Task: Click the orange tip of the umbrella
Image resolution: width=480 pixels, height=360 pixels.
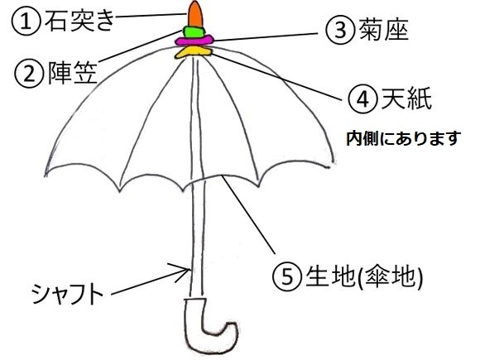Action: point(195,14)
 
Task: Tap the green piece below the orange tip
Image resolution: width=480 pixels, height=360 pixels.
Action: point(194,31)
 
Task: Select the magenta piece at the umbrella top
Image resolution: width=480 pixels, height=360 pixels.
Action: point(194,41)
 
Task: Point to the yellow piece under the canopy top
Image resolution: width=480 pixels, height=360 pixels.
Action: point(194,52)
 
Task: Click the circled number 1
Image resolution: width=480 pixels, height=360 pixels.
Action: point(26,22)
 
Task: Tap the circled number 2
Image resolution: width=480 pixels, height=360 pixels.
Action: point(29,74)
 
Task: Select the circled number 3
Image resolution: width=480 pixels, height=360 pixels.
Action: point(340,30)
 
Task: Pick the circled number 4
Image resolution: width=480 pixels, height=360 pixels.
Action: point(362,98)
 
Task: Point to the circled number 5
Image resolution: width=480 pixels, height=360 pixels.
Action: point(287,276)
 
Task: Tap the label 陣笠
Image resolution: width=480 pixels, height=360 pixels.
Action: point(73,73)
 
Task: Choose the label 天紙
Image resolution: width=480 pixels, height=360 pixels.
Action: point(406,98)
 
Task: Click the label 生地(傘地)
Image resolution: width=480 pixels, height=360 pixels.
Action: point(364,276)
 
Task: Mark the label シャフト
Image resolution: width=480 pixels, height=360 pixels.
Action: point(68,293)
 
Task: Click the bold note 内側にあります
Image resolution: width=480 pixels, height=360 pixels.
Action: point(404,138)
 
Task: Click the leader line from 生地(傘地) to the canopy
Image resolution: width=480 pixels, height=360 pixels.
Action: point(248,214)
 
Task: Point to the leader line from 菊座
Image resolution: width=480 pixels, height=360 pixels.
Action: point(265,36)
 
